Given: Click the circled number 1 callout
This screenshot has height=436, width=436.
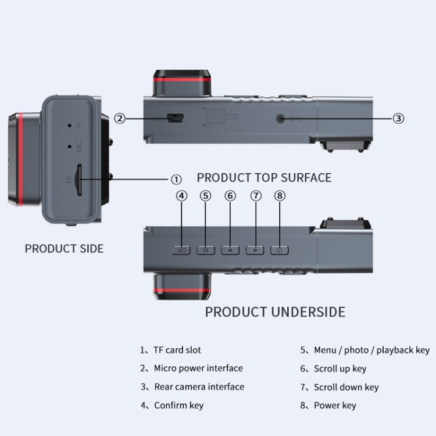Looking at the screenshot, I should (x=176, y=180).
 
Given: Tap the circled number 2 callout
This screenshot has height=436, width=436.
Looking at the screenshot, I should (x=119, y=119).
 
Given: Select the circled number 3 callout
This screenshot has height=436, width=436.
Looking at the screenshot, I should (x=398, y=119).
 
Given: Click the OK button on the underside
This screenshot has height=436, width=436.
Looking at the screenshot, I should (x=181, y=250).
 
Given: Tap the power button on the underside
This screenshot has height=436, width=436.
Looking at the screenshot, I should (x=280, y=250).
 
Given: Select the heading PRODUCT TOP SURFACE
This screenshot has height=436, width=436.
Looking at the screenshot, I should (x=264, y=177).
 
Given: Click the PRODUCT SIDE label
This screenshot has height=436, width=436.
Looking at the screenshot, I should (x=64, y=249).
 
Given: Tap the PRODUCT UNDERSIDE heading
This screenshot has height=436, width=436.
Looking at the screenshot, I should (x=275, y=312).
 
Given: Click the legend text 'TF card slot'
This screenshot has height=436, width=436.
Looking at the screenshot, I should (x=177, y=350).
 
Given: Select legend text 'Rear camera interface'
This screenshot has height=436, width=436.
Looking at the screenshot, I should (x=199, y=387).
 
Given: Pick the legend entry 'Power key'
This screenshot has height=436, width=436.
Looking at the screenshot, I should (x=335, y=405).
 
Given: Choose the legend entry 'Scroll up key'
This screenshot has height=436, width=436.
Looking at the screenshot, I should (x=340, y=369).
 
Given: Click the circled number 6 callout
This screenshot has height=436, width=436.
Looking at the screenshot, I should (x=230, y=196).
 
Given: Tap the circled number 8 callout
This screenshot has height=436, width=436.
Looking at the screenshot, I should (x=280, y=196).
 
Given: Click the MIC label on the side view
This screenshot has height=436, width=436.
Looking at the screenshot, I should (x=79, y=147).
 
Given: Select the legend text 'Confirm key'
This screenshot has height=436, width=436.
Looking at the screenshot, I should (x=178, y=405).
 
